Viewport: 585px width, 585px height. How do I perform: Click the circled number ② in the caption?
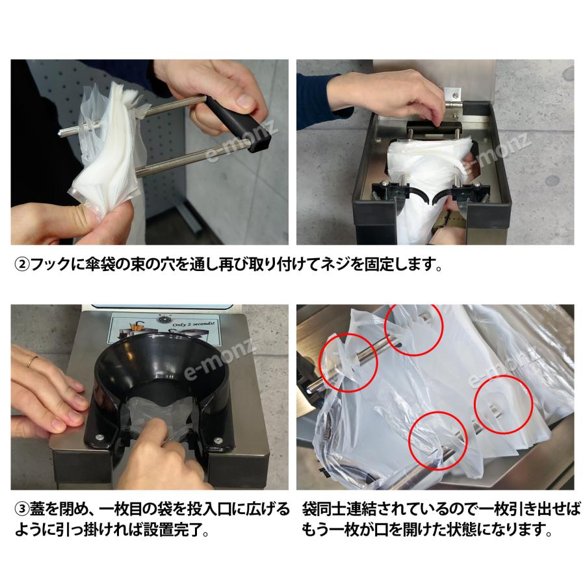click(x=21, y=265)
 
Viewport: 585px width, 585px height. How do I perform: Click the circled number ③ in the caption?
click(x=21, y=508)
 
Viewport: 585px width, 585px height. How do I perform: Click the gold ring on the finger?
click(x=32, y=361)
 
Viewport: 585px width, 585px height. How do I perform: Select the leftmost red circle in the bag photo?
click(x=348, y=362)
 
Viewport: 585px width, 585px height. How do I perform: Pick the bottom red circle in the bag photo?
click(x=438, y=441)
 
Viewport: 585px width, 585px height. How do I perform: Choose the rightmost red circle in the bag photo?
click(x=503, y=405)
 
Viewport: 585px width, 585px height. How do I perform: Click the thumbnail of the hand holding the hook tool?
click(x=149, y=152)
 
